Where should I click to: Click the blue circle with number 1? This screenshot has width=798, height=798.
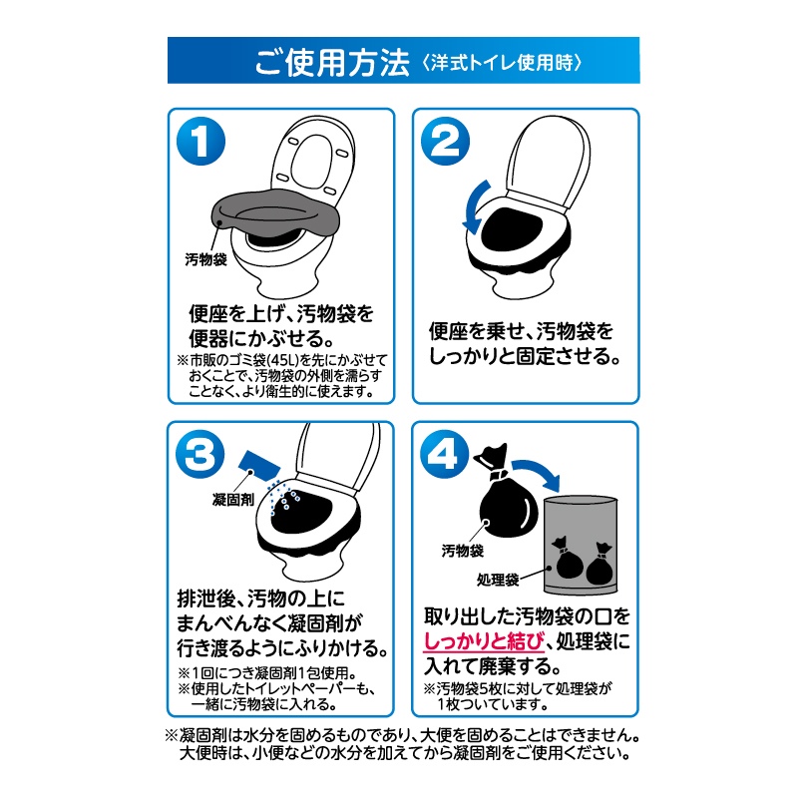[x=200, y=141]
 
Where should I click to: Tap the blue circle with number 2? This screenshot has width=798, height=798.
[x=445, y=141]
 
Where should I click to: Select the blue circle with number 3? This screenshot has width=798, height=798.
[x=200, y=454]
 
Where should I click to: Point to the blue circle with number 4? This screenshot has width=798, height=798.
[x=444, y=454]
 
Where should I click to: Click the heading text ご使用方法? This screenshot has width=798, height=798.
[x=332, y=63]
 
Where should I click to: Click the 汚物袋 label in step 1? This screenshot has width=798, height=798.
[x=205, y=259]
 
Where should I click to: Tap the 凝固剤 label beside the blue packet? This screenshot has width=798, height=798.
[x=233, y=500]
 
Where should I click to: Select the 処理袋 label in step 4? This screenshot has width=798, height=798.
[x=497, y=580]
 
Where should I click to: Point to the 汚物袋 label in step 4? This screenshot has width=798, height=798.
[x=462, y=551]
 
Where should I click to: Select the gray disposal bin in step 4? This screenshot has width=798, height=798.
[x=581, y=545]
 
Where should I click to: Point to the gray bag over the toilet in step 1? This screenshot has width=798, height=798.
[x=275, y=213]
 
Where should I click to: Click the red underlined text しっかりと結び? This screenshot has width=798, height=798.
[x=484, y=641]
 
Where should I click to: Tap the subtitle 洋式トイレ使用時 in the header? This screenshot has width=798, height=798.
[x=502, y=63]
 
